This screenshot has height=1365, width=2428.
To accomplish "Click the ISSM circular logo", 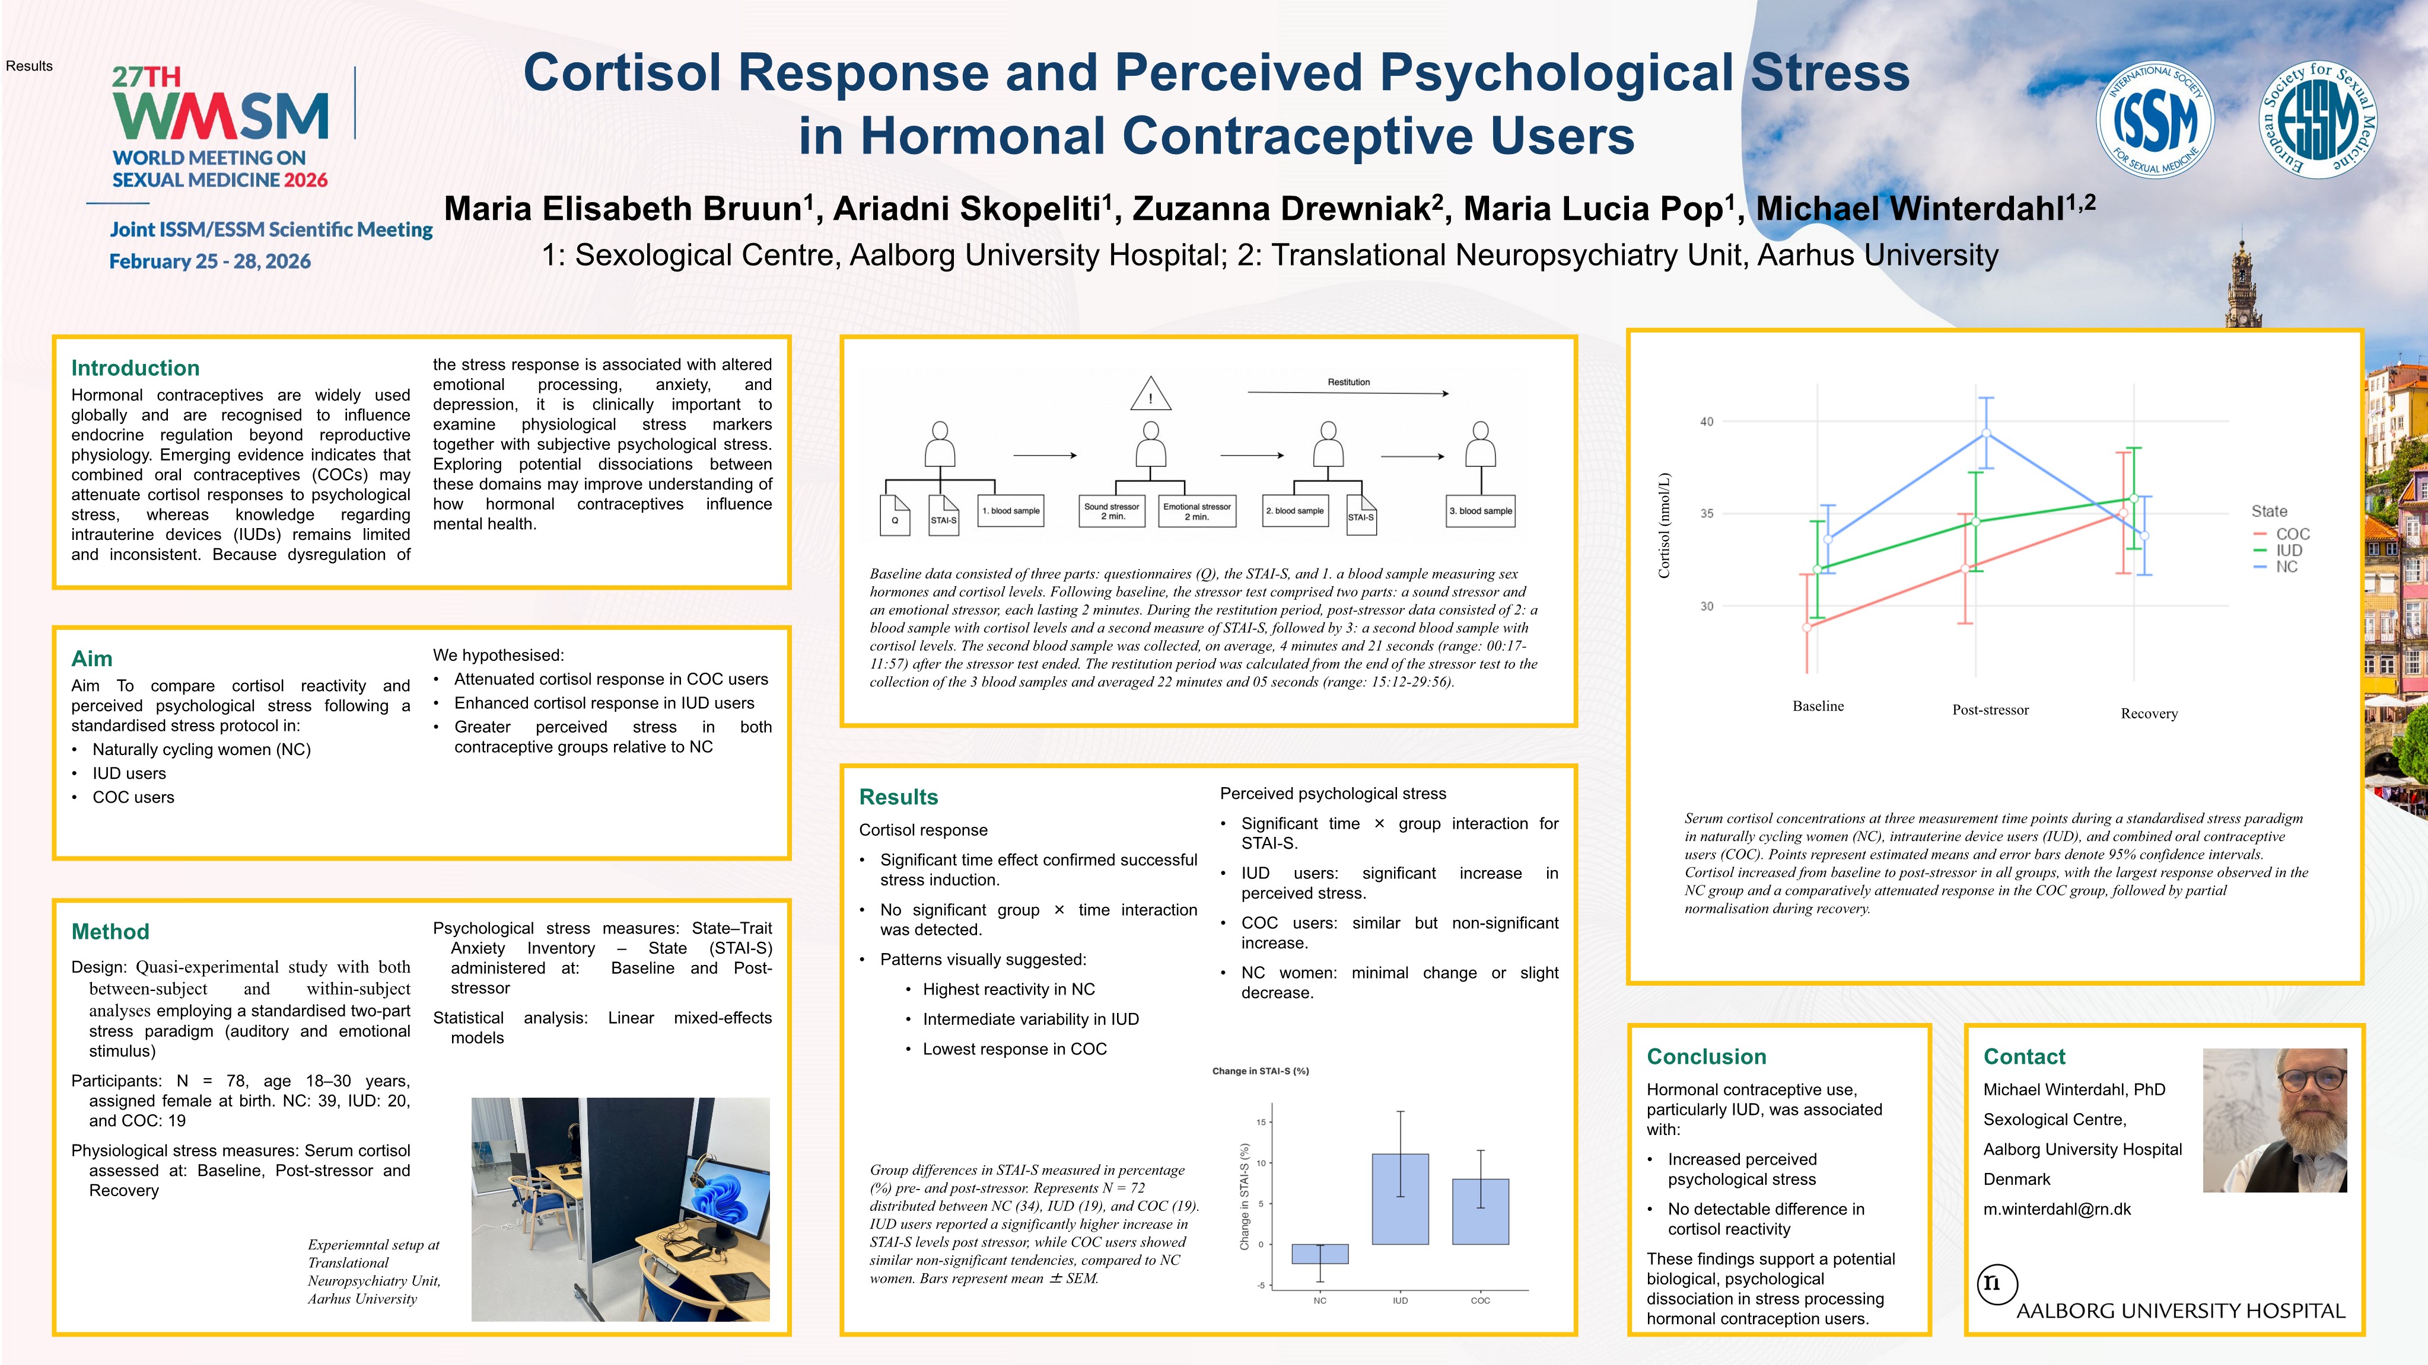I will point(2155,120).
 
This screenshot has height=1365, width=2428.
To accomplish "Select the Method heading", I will point(110,932).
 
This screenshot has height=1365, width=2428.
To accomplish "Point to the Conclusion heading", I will point(1706,1057).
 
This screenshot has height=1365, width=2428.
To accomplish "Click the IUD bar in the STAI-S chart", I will point(1400,1198).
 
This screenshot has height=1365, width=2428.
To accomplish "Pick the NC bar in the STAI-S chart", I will point(1319,1254).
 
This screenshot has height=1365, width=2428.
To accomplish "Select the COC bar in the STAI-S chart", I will point(1480,1211).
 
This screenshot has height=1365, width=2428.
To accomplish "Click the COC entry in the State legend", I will point(2292,534).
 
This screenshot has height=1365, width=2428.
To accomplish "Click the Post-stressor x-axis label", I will point(1990,710).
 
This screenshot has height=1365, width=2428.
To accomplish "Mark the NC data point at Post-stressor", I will point(1986,433).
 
